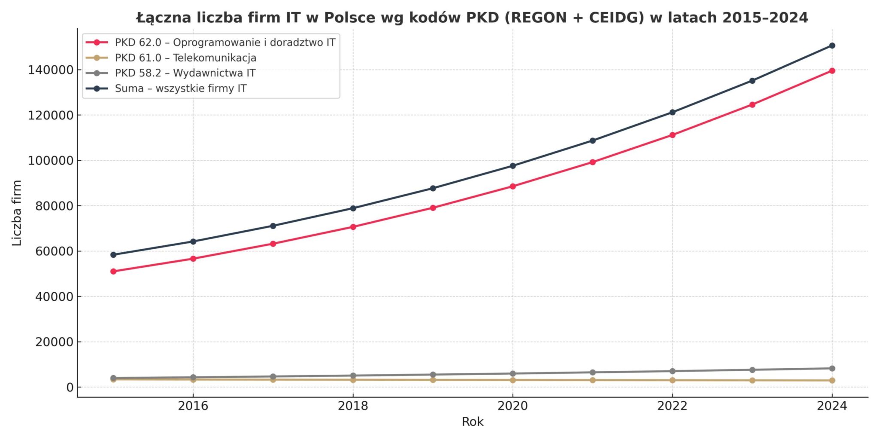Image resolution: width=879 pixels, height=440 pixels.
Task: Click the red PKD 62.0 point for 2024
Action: (x=832, y=71)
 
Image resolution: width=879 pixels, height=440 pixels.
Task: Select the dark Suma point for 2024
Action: (x=832, y=46)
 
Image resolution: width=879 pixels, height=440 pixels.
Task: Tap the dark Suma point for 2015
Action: (x=113, y=255)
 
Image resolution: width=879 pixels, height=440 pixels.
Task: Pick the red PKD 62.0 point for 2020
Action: (x=512, y=186)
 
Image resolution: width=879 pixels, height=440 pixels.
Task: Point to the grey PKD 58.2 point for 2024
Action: (x=832, y=369)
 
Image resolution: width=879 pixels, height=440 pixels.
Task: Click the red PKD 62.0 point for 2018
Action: (x=353, y=227)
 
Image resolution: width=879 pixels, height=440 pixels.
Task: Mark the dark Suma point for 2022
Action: (x=672, y=113)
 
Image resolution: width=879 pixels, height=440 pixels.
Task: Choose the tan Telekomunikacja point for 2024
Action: (x=832, y=381)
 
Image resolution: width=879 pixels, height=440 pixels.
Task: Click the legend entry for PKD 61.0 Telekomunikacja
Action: (x=185, y=58)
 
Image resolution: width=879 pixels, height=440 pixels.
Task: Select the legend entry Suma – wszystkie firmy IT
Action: (x=181, y=89)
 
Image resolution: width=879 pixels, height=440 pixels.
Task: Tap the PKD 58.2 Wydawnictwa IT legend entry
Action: (x=185, y=73)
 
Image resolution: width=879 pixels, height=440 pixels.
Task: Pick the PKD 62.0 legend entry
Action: (x=225, y=43)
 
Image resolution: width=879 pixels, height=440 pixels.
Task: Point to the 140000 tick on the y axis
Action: (x=51, y=70)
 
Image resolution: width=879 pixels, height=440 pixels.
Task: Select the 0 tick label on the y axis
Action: (x=70, y=388)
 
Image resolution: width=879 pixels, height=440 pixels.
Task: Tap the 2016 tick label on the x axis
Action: (x=193, y=406)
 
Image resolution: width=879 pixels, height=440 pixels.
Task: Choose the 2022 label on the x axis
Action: (x=672, y=406)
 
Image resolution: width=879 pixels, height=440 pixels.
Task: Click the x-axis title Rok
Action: (x=473, y=422)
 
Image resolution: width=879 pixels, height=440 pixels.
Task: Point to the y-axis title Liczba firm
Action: (x=17, y=213)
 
